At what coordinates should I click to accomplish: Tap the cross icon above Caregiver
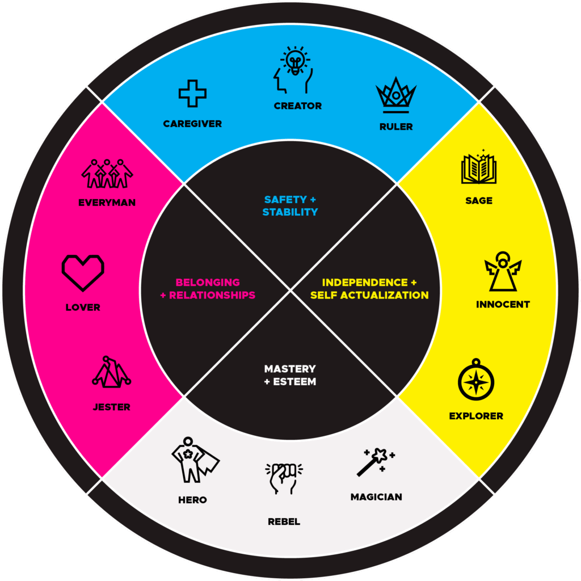click(192, 94)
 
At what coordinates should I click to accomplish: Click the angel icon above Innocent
click(502, 272)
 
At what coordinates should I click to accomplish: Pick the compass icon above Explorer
click(476, 381)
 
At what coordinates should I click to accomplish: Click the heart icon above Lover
click(83, 273)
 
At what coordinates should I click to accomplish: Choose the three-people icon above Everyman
click(107, 173)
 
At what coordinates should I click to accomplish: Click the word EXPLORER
click(476, 416)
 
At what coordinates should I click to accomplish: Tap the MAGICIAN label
click(376, 497)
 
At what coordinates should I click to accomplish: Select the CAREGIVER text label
click(192, 124)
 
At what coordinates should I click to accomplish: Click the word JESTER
click(111, 407)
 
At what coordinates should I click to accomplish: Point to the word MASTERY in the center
click(290, 369)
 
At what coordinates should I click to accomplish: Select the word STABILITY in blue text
click(290, 212)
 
